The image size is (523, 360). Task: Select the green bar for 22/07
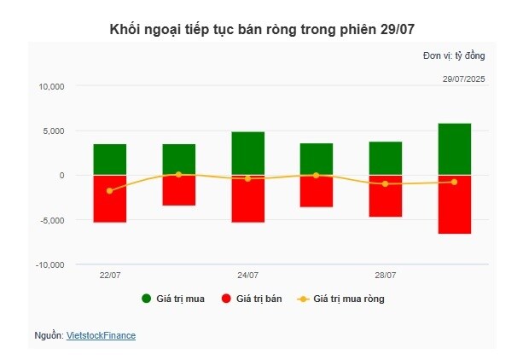coord(109,159)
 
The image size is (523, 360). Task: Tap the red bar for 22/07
coord(109,199)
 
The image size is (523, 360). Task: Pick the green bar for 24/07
coord(247,154)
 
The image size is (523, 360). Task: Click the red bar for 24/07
coord(247,199)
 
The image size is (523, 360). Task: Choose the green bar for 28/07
coord(386,158)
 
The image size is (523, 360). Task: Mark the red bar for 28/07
coord(386,196)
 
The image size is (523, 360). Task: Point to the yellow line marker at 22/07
coord(109,191)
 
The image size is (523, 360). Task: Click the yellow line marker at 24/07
coord(247,178)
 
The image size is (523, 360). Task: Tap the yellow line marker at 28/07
coord(386,183)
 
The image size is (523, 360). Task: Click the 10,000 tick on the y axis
coord(51,86)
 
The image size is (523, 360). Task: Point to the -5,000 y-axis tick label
coord(51,220)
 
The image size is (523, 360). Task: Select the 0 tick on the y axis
coord(61,176)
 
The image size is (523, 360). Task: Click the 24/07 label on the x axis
coord(247,276)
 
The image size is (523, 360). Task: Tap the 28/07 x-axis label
coord(386,276)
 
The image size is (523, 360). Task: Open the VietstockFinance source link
coord(101,336)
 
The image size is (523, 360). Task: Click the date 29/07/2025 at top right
coord(463,78)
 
